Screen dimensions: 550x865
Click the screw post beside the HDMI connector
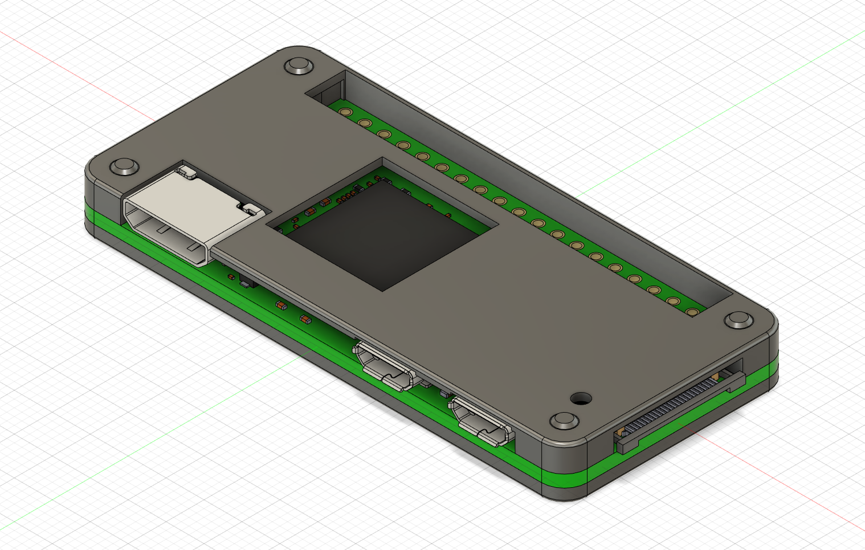(124, 167)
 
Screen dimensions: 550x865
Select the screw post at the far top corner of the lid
(299, 66)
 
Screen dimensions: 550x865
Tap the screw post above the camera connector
(738, 320)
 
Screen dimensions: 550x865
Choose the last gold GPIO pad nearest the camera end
(692, 312)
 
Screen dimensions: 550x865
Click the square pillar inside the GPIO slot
(333, 91)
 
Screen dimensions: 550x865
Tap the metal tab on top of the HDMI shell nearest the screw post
(186, 170)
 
